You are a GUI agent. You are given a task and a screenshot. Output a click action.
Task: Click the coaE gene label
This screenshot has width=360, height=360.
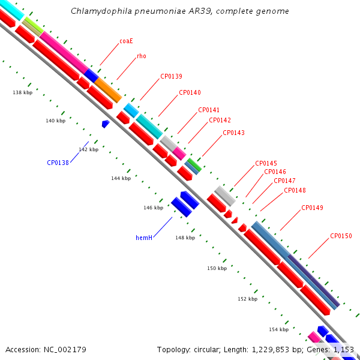(x=126, y=41)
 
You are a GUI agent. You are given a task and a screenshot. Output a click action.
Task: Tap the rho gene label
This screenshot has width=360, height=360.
(x=142, y=56)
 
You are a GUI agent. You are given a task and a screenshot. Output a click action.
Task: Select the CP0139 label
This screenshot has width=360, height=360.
(x=171, y=76)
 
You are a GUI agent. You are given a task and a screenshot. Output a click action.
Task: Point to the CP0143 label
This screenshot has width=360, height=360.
(x=234, y=133)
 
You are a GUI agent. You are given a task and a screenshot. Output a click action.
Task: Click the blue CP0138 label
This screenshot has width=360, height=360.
(x=58, y=163)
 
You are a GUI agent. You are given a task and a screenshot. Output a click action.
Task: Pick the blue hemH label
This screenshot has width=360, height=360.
(x=144, y=238)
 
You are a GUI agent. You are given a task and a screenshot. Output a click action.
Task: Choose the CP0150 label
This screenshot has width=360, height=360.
(x=341, y=236)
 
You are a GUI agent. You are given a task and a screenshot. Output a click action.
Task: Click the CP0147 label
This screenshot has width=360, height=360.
(x=284, y=181)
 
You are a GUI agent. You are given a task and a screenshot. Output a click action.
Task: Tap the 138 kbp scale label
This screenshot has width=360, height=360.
(x=23, y=92)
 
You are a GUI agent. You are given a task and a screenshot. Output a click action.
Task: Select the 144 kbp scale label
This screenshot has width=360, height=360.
(x=121, y=178)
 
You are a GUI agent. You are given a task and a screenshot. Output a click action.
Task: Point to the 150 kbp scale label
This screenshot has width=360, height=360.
(x=217, y=268)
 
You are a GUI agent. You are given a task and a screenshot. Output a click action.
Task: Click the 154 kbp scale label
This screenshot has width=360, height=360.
(x=279, y=329)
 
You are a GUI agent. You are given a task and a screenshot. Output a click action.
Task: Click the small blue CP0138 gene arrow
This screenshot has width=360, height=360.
(x=106, y=124)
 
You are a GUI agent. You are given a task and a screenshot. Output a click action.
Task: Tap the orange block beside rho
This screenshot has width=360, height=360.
(x=108, y=90)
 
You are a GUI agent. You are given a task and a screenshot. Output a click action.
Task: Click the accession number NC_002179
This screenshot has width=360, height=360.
(x=65, y=350)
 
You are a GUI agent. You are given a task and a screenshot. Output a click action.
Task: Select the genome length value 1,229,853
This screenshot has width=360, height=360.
(x=271, y=350)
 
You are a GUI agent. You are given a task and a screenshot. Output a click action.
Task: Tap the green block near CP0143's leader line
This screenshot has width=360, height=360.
(x=194, y=164)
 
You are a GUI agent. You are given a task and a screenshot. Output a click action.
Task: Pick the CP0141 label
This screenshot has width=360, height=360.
(x=209, y=110)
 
